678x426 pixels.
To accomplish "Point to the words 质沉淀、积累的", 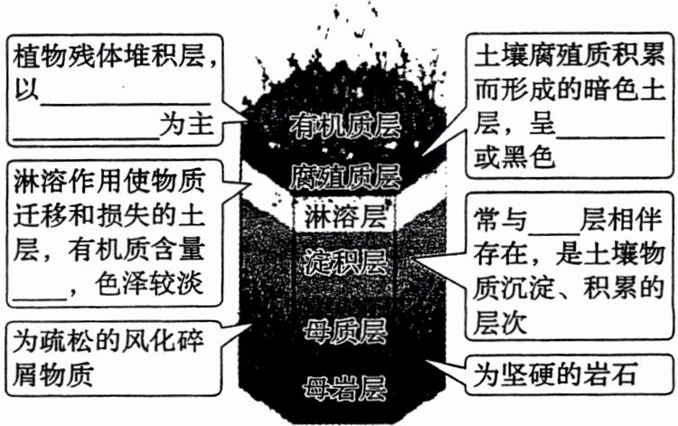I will pyautogui.click(x=569, y=289).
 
